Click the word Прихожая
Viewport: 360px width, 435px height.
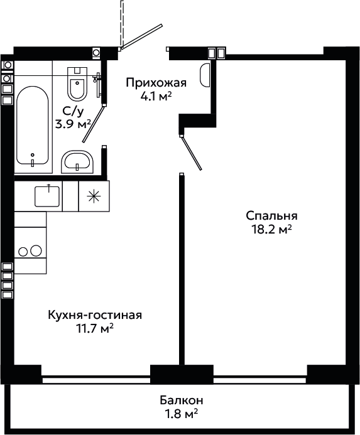pos(156,83)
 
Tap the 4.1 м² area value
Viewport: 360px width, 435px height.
pos(156,97)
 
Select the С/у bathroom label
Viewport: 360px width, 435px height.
pos(73,112)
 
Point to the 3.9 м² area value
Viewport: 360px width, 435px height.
pos(74,124)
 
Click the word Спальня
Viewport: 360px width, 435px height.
pos(271,216)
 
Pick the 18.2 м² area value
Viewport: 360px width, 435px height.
pos(271,230)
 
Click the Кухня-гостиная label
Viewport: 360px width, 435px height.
pos(95,315)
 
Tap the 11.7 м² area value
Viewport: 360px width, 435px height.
pos(95,329)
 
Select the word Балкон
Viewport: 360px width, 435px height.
pos(182,400)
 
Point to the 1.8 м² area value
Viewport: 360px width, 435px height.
pos(182,414)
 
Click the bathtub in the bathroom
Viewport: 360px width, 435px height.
pos(33,126)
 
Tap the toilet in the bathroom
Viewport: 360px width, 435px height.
pos(77,83)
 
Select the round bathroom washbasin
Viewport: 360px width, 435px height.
pos(77,162)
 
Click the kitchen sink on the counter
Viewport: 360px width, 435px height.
pos(47,196)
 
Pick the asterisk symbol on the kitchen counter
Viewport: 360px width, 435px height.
pos(94,196)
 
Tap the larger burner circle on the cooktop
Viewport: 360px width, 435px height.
pos(36,251)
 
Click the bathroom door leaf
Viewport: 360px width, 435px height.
pos(94,124)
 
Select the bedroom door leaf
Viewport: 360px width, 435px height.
pos(191,153)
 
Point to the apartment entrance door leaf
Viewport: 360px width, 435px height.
pos(141,36)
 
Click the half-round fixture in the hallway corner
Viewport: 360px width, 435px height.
pos(205,75)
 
